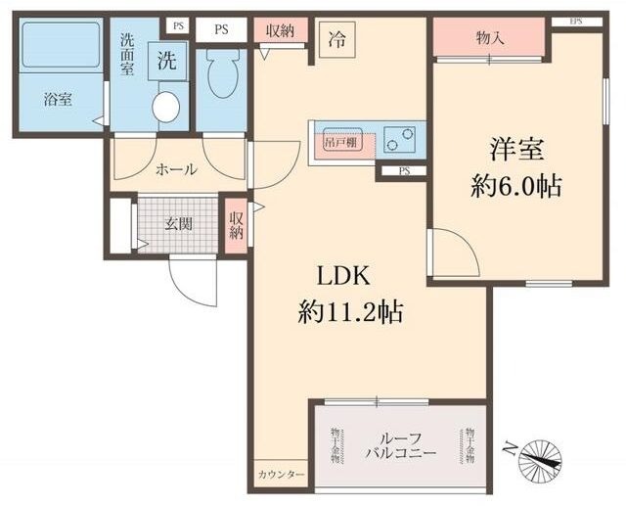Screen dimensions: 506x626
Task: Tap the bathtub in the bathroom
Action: pos(61,45)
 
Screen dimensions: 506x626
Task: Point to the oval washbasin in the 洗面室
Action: pos(166,107)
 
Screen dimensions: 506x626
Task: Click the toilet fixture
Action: pos(222,74)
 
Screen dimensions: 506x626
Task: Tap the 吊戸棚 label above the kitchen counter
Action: pos(339,142)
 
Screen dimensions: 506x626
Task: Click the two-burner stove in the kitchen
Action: pos(399,141)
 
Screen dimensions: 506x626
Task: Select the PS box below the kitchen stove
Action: pos(404,171)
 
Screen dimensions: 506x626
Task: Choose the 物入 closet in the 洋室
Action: pos(489,38)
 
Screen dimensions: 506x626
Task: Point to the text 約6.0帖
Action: pos(515,186)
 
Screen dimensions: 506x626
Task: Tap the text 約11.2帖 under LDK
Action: pos(351,312)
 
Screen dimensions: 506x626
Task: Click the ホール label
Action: pos(177,168)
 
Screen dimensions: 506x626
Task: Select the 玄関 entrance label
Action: pos(177,224)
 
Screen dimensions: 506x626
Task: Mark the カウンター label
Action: pos(281,475)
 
